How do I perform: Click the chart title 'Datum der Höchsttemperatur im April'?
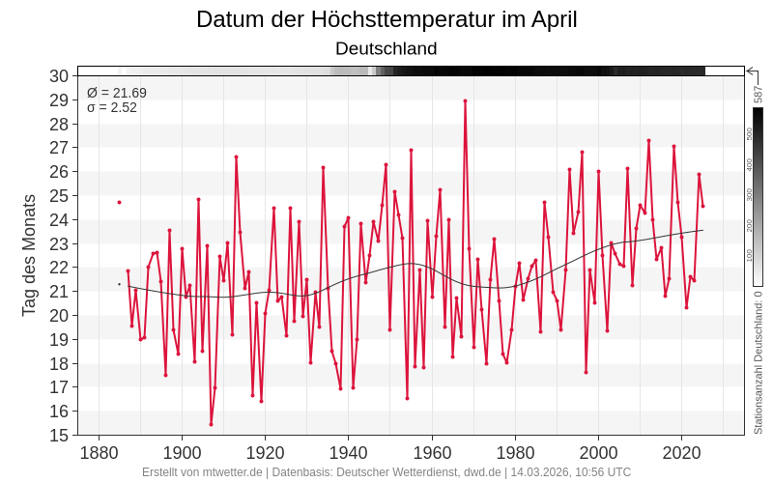pyautogui.click(x=386, y=19)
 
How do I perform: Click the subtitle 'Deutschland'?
pyautogui.click(x=386, y=48)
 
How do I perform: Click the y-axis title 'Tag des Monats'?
pyautogui.click(x=29, y=255)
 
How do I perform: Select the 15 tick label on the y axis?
pyautogui.click(x=59, y=435)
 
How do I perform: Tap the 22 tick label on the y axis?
pyautogui.click(x=59, y=268)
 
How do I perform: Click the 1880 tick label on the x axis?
pyautogui.click(x=98, y=453)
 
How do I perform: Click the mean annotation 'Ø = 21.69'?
pyautogui.click(x=117, y=93)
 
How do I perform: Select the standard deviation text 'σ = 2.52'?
pyautogui.click(x=112, y=108)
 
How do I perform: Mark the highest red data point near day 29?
pyautogui.click(x=465, y=100)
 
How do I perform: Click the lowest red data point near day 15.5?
pyautogui.click(x=211, y=424)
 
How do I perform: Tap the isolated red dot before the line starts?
pyautogui.click(x=119, y=202)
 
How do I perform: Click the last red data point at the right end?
pyautogui.click(x=702, y=206)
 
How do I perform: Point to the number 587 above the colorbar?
pyautogui.click(x=759, y=94)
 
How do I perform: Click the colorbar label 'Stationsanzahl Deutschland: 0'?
pyautogui.click(x=759, y=362)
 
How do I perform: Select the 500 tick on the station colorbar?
pyautogui.click(x=749, y=134)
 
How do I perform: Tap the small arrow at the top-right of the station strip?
pyautogui.click(x=752, y=71)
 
